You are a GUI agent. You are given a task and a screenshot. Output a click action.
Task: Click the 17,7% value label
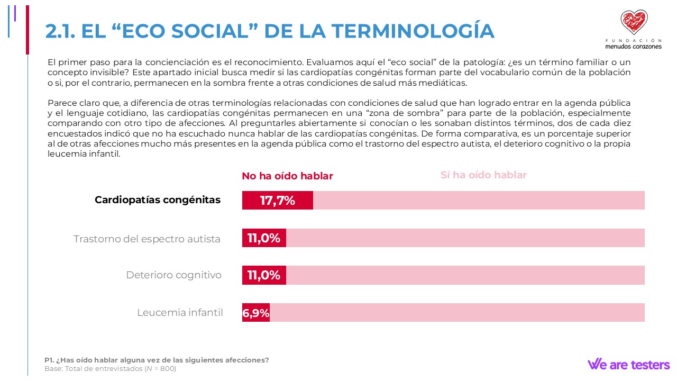277,201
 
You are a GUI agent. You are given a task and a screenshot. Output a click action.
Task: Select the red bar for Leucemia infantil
256,313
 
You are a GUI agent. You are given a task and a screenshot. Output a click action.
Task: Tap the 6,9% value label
256,313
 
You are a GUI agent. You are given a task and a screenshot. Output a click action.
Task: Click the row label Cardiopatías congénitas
158,200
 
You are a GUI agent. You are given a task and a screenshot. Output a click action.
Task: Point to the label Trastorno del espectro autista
147,239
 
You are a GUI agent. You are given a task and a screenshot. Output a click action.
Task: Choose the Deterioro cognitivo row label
173,275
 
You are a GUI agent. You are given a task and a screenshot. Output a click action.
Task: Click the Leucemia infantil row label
180,313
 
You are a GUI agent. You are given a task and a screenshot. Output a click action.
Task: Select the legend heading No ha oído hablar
287,176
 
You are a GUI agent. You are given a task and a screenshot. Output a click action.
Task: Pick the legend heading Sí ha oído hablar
483,175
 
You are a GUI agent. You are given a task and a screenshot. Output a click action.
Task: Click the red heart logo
634,23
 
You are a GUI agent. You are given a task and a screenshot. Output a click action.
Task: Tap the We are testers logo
628,365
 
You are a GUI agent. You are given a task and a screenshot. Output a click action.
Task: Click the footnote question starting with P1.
157,360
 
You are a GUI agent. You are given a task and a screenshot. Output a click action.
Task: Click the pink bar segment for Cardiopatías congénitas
479,201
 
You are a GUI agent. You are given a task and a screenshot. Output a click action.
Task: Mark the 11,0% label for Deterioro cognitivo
263,275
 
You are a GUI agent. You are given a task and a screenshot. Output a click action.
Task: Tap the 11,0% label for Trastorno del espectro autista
263,238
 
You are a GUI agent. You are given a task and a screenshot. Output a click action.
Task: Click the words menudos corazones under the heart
633,46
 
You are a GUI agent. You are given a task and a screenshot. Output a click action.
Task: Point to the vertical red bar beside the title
27,30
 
